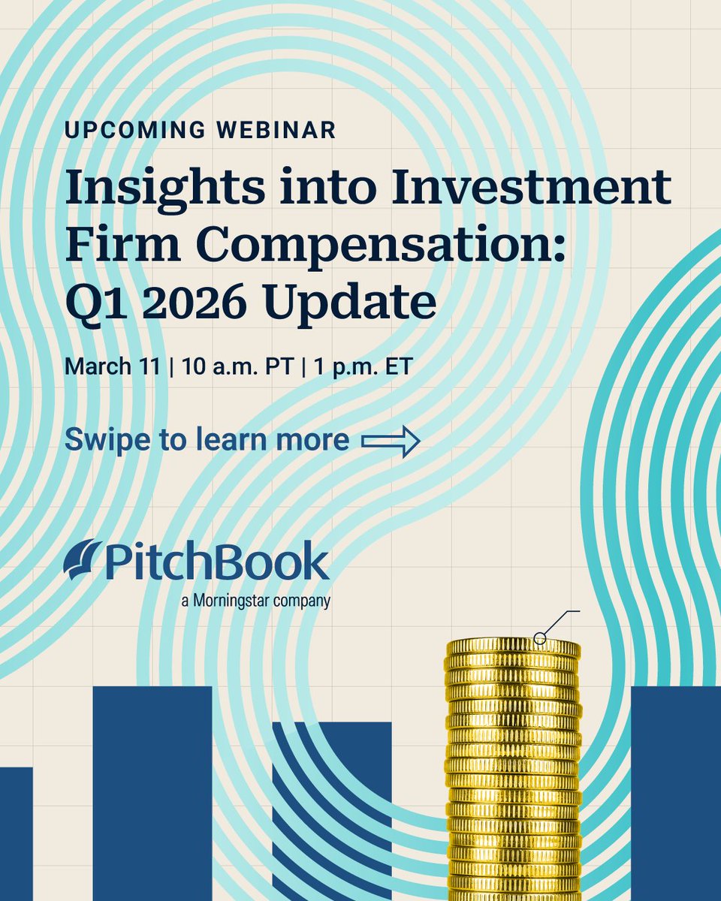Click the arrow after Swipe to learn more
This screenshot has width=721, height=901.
(x=390, y=441)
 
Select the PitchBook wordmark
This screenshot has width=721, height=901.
(x=218, y=562)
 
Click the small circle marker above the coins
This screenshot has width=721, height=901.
(x=539, y=638)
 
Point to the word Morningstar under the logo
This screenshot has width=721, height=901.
(x=239, y=601)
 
